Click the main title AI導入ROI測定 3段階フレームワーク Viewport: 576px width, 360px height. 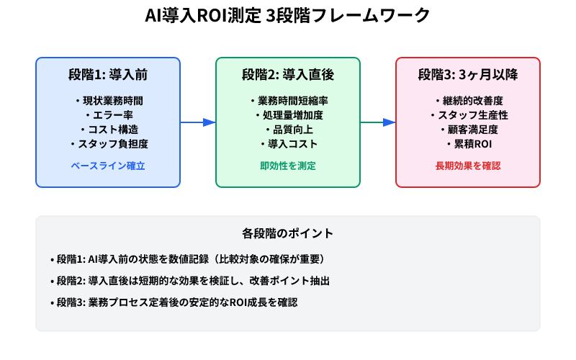pos(288,16)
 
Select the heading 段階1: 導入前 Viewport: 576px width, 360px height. pos(108,74)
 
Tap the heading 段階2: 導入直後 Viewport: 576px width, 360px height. pos(288,74)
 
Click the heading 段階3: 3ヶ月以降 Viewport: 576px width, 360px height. pos(468,74)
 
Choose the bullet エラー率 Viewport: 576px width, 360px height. pos(108,115)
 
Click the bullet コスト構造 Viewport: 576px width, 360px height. pos(108,130)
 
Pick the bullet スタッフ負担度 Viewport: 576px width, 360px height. pos(108,144)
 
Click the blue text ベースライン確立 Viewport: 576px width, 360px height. pos(108,166)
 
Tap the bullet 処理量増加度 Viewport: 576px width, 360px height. pos(288,115)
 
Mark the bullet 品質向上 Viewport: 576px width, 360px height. pos(288,130)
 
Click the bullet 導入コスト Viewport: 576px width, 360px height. pos(288,144)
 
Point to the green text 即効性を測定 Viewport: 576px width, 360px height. pos(288,166)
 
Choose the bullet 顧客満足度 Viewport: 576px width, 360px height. pos(468,130)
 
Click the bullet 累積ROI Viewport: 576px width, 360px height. pos(468,144)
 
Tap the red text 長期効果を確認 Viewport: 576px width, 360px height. pos(468,166)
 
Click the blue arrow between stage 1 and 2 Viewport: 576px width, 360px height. pos(198,122)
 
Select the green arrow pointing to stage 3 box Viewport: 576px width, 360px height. pos(378,122)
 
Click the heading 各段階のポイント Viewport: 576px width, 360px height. pos(288,234)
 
